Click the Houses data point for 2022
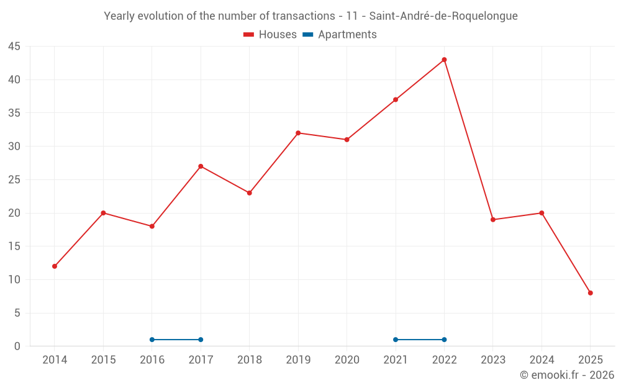pyautogui.click(x=444, y=60)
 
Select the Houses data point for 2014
pyautogui.click(x=55, y=266)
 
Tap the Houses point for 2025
pyautogui.click(x=590, y=293)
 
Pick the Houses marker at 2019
pyautogui.click(x=298, y=133)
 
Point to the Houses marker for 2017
pyautogui.click(x=201, y=166)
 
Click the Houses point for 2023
pyautogui.click(x=493, y=220)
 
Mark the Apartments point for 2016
pyautogui.click(x=152, y=340)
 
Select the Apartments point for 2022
pyautogui.click(x=444, y=340)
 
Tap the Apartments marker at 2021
pyautogui.click(x=396, y=340)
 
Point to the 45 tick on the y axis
pyautogui.click(x=14, y=47)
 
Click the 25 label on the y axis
pyautogui.click(x=14, y=180)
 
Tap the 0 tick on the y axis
pyautogui.click(x=17, y=346)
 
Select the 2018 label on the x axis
pyautogui.click(x=250, y=360)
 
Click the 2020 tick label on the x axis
pyautogui.click(x=347, y=360)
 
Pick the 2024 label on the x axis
pyautogui.click(x=542, y=360)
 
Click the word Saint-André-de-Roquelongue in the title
pyautogui.click(x=443, y=16)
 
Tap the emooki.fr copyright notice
pyautogui.click(x=567, y=375)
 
